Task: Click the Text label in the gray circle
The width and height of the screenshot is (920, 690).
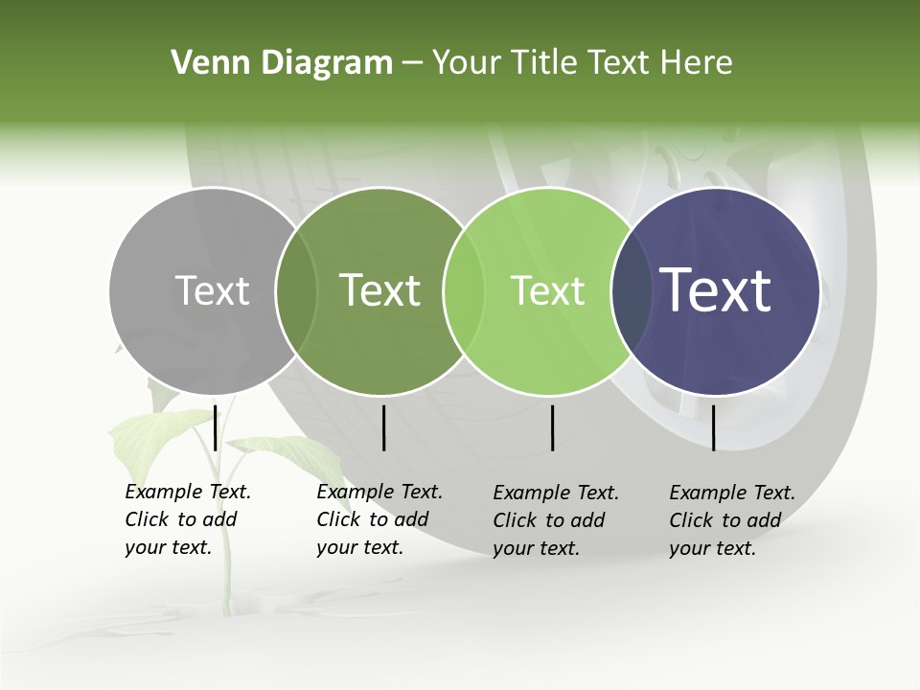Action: tap(212, 290)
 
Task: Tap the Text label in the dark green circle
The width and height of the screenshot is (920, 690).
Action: tap(380, 290)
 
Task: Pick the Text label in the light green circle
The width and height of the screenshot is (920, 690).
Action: tap(547, 290)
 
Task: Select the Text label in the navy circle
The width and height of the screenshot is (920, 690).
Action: tap(716, 290)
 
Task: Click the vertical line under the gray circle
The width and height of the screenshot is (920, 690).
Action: tap(215, 427)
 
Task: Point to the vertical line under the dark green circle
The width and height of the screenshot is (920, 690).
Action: tap(383, 427)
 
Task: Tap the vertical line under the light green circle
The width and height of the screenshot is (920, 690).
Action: tap(552, 427)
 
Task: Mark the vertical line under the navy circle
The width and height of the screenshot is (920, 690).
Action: tap(713, 427)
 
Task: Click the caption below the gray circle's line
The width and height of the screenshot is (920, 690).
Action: tap(187, 519)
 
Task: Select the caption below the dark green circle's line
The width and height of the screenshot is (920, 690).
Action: tap(379, 519)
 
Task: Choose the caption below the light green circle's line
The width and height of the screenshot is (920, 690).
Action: tap(555, 520)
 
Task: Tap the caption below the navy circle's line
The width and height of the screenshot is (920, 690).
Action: tap(731, 520)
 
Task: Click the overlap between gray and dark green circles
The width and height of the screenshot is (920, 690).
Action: tap(296, 290)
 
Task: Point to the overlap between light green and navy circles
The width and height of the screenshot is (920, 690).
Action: tap(629, 290)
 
